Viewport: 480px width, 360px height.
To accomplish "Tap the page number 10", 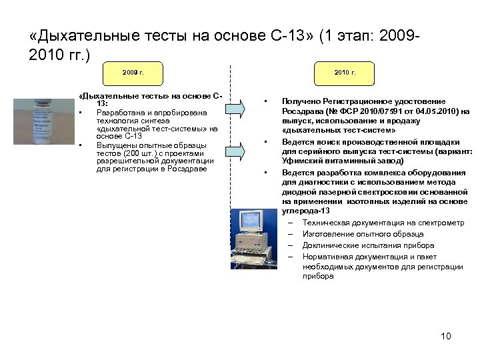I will (x=446, y=336).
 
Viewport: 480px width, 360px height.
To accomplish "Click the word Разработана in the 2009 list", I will (x=119, y=112).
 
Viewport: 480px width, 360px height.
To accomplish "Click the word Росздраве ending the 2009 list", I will (x=189, y=169).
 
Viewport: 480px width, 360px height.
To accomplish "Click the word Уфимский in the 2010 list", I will (x=301, y=161).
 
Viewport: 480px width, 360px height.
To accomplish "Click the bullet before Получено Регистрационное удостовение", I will (x=265, y=101).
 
